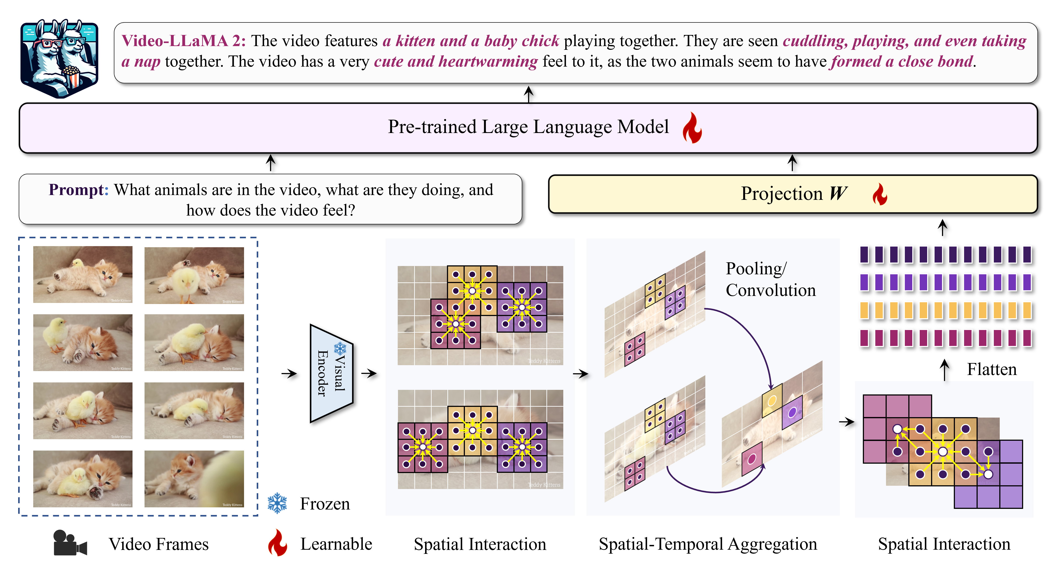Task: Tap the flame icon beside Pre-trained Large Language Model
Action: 692,128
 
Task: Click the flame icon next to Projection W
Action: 879,195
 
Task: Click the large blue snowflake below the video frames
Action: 277,503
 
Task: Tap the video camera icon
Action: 70,543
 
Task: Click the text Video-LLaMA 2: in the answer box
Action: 183,41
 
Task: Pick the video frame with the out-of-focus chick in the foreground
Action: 194,479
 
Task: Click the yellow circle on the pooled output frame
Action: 772,401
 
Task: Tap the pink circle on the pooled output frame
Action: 752,458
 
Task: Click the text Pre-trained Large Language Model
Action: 528,127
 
